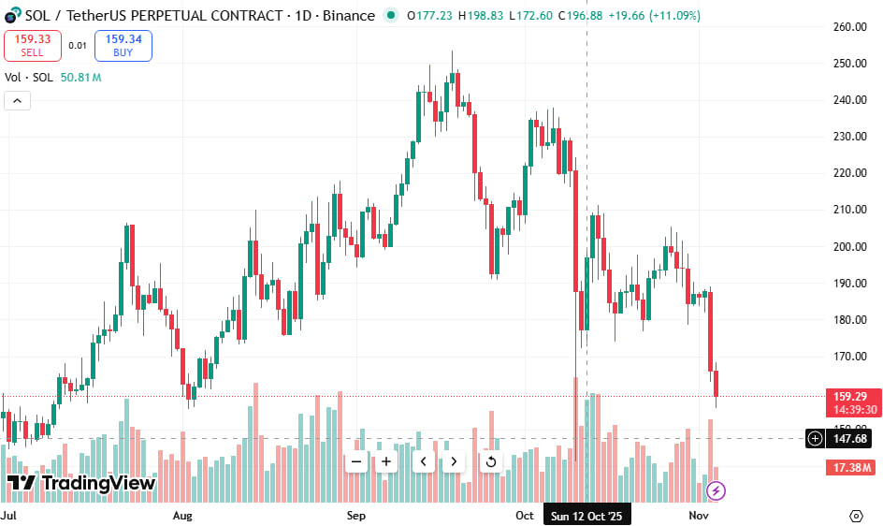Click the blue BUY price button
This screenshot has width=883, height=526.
[123, 45]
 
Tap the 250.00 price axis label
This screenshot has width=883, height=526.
[849, 64]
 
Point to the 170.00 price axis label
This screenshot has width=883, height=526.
[849, 357]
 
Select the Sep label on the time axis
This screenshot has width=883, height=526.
[356, 516]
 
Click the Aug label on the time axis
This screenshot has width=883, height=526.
[182, 516]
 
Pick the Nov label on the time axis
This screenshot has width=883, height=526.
[698, 516]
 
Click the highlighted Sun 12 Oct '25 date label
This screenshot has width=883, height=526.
[586, 516]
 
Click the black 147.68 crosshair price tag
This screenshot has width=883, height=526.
[849, 438]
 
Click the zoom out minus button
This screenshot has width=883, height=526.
[356, 461]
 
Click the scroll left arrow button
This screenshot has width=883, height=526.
[423, 461]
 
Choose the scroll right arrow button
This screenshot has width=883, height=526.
[454, 461]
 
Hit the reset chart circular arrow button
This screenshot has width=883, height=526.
[490, 461]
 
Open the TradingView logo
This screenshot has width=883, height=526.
[81, 483]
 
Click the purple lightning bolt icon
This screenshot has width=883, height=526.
[717, 489]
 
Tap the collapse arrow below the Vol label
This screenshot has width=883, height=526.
[17, 101]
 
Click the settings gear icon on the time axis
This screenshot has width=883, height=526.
[856, 516]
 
